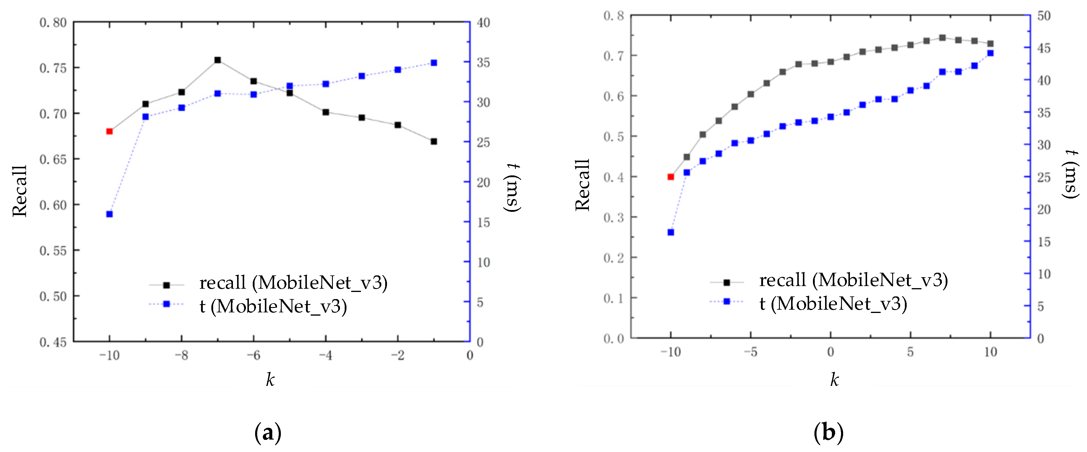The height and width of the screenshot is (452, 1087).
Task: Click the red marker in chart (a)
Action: [x=109, y=131]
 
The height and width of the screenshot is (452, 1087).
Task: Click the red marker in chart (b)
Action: [x=670, y=177]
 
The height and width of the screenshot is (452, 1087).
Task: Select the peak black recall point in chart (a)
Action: [x=217, y=60]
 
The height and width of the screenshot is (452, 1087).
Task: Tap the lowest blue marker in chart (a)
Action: [x=109, y=214]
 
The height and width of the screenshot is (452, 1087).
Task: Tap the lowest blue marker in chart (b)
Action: [x=670, y=232]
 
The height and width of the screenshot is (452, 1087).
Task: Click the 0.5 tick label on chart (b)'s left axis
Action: [x=613, y=136]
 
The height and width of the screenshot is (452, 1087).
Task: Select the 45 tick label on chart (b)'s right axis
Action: [x=1044, y=48]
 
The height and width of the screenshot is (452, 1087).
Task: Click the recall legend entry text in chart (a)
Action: [x=293, y=282]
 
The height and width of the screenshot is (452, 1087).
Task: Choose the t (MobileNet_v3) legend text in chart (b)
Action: [x=833, y=304]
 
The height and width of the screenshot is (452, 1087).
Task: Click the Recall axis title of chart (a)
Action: [x=20, y=191]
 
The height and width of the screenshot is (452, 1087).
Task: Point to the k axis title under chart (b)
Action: [x=834, y=379]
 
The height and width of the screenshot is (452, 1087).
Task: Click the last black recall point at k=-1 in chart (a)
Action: [x=433, y=141]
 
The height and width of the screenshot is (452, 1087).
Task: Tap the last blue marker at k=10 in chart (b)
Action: [x=990, y=53]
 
